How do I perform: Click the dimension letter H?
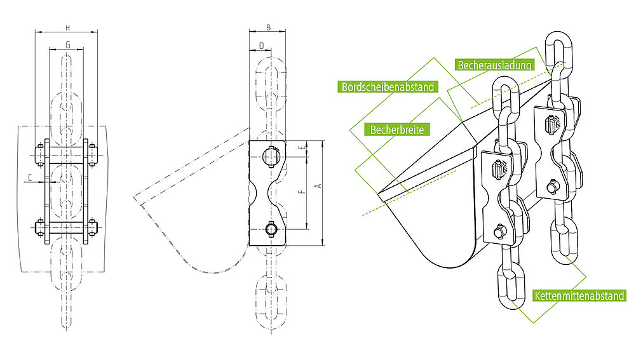68,28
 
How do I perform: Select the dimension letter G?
68,45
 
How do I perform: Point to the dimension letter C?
30,177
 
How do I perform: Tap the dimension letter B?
269,28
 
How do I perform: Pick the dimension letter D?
262,46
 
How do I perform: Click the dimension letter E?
304,147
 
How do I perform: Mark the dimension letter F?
303,192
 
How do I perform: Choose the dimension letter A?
319,186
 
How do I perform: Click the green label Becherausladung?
494,65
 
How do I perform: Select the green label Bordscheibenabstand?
388,86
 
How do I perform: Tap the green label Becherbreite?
397,130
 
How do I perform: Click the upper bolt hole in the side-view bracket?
271,156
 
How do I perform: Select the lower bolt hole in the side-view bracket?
271,229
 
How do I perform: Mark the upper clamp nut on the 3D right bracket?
552,123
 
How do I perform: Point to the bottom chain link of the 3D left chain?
511,286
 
